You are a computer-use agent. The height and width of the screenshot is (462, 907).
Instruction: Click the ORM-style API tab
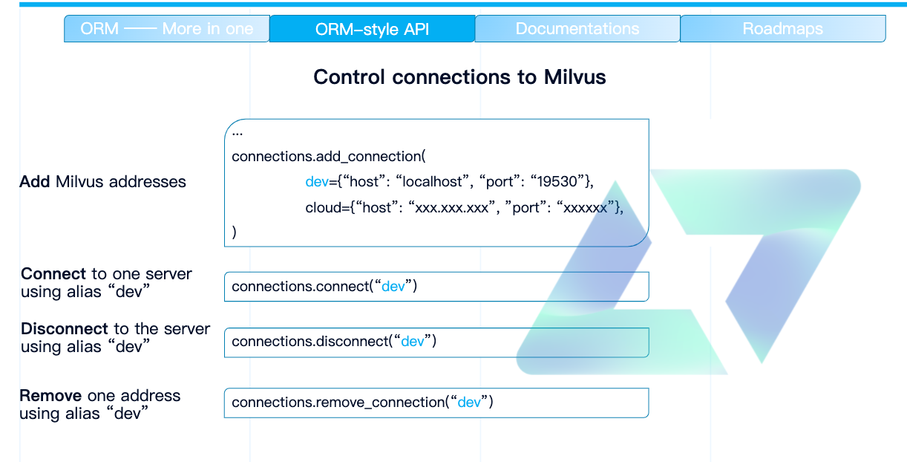pyautogui.click(x=372, y=29)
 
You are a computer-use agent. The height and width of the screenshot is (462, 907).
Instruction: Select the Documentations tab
pyautogui.click(x=577, y=29)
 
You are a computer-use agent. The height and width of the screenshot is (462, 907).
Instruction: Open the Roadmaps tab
pyautogui.click(x=782, y=29)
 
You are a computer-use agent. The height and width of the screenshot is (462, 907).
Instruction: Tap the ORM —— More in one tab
pyautogui.click(x=167, y=29)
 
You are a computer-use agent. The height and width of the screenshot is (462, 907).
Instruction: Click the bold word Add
pyautogui.click(x=35, y=182)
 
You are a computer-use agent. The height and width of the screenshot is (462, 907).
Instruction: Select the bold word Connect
pyautogui.click(x=53, y=274)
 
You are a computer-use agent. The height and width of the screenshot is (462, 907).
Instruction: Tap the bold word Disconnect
pyautogui.click(x=65, y=329)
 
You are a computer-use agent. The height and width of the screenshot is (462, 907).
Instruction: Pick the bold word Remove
pyautogui.click(x=50, y=396)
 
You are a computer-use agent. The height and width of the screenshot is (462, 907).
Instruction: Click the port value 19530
pyautogui.click(x=558, y=182)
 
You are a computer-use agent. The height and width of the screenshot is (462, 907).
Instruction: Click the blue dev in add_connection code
pyautogui.click(x=317, y=182)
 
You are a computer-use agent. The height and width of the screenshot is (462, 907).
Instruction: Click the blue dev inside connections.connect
pyautogui.click(x=393, y=287)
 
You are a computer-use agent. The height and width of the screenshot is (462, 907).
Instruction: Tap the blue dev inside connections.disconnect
pyautogui.click(x=412, y=342)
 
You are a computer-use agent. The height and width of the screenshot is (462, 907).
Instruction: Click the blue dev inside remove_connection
pyautogui.click(x=469, y=403)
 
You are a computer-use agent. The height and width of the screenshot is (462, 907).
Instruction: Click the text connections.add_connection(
pyautogui.click(x=328, y=157)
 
